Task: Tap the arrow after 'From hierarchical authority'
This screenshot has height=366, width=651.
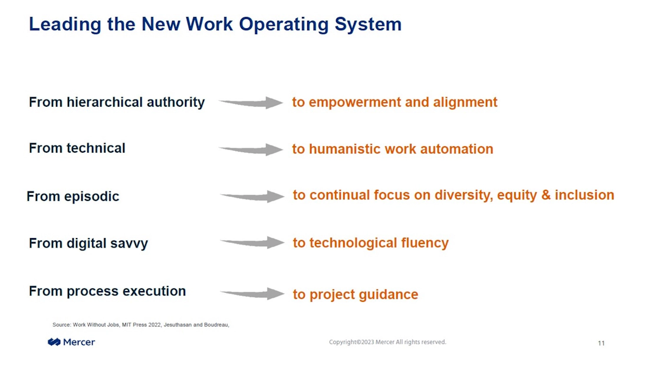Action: [x=251, y=103]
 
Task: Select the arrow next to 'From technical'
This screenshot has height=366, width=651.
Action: [x=251, y=149]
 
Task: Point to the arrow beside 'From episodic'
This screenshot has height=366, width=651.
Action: [x=252, y=196]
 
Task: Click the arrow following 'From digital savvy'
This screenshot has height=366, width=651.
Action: [x=252, y=243]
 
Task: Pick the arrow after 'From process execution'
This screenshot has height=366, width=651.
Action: [x=252, y=294]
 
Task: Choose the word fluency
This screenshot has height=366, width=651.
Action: [x=425, y=243]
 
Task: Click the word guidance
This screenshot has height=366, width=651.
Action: [x=389, y=295]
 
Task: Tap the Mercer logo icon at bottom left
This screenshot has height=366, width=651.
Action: [x=54, y=342]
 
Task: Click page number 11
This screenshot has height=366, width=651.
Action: [x=601, y=343]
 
